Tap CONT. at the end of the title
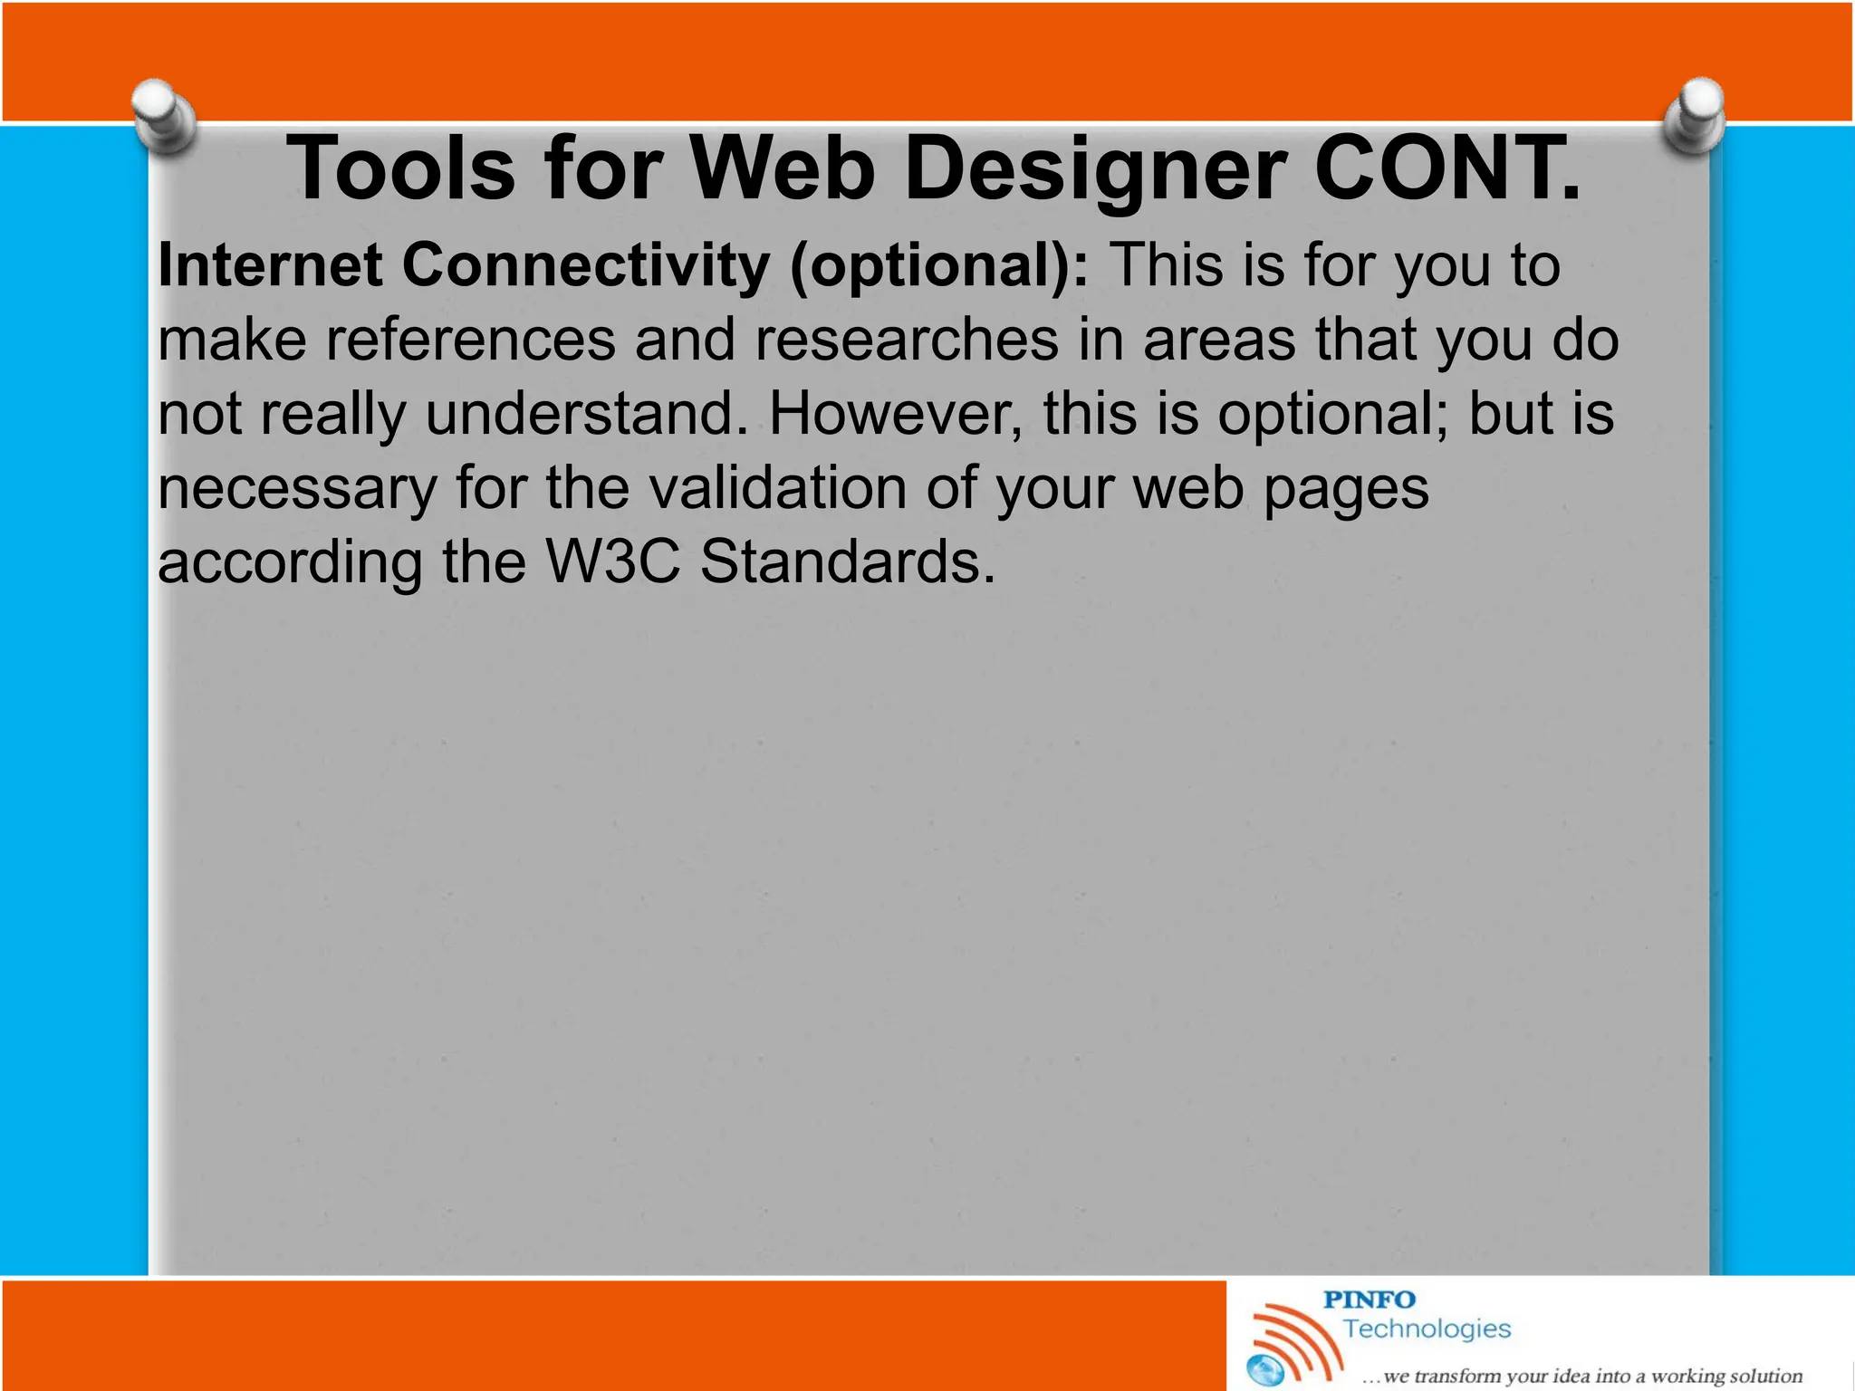coord(1447,169)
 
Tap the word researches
coord(907,340)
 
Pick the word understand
coord(586,414)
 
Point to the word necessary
coord(297,489)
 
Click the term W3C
coord(612,561)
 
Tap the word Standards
coord(847,561)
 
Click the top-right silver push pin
coord(1695,114)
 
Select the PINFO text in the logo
coord(1369,1300)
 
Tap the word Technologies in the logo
coord(1427,1329)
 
